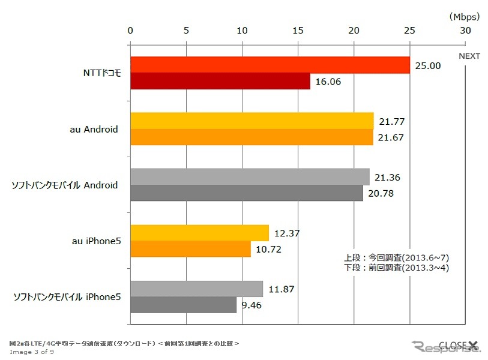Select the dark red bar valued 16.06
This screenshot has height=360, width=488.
pyautogui.click(x=220, y=81)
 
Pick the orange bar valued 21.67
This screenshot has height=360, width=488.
pyautogui.click(x=252, y=137)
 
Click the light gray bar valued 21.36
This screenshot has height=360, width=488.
pyautogui.click(x=250, y=177)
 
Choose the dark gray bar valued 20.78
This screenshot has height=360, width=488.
pyautogui.click(x=247, y=193)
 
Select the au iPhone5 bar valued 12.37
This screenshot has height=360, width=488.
pyautogui.click(x=199, y=233)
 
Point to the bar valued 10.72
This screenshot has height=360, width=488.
pyautogui.click(x=190, y=249)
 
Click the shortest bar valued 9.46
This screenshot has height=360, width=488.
pyautogui.click(x=184, y=305)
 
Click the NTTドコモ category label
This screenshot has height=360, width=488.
pyautogui.click(x=102, y=73)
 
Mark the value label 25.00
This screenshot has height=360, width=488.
pyautogui.click(x=428, y=65)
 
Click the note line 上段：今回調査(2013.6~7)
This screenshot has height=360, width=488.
pyautogui.click(x=397, y=258)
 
